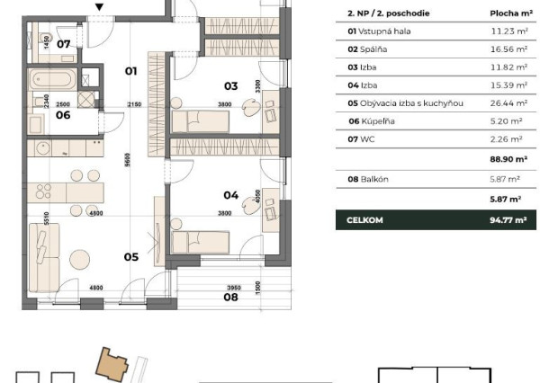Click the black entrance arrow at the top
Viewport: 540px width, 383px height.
coord(100,9)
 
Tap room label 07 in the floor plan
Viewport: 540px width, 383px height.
coord(64,43)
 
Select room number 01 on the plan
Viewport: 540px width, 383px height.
coord(130,70)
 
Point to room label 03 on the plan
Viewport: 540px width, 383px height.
coord(230,86)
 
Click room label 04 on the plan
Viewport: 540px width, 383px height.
coord(230,194)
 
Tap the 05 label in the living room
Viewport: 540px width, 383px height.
coord(130,256)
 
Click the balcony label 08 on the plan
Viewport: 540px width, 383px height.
coord(231,296)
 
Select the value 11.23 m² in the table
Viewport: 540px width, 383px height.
coord(506,30)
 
